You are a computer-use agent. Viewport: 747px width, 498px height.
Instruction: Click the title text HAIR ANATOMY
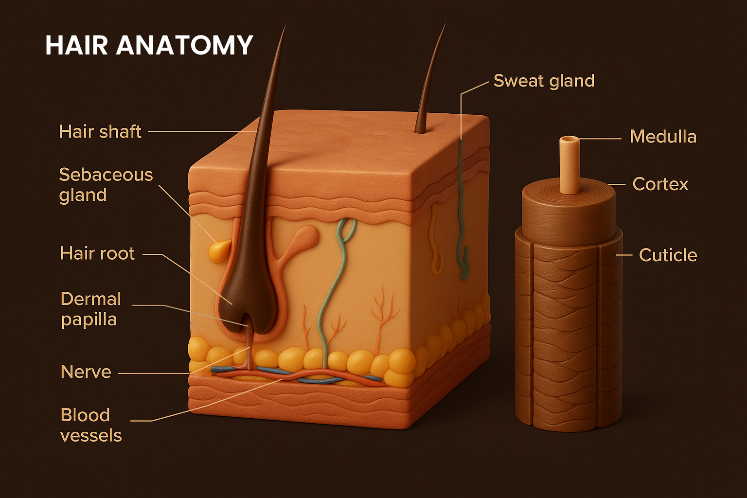pos(149,45)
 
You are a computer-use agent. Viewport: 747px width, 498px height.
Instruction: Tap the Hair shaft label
pos(100,132)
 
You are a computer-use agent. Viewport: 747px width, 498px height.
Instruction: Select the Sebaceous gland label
pos(106,185)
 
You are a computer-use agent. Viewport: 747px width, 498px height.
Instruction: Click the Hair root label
pos(97,253)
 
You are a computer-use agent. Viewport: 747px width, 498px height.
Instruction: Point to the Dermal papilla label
pos(90,309)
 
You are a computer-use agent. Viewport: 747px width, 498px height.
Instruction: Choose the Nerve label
pos(86,372)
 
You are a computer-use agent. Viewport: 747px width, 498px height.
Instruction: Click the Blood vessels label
pos(90,425)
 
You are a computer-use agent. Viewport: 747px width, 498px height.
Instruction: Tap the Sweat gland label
pos(544,81)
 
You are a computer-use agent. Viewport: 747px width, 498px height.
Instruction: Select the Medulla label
pos(663,137)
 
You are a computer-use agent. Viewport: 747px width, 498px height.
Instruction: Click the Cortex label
pos(660,184)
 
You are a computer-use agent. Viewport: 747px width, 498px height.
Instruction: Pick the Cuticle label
pos(668,255)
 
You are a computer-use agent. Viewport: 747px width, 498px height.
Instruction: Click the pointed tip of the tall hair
pos(284,28)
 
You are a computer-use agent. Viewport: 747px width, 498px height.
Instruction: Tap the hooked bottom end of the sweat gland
pos(464,270)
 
